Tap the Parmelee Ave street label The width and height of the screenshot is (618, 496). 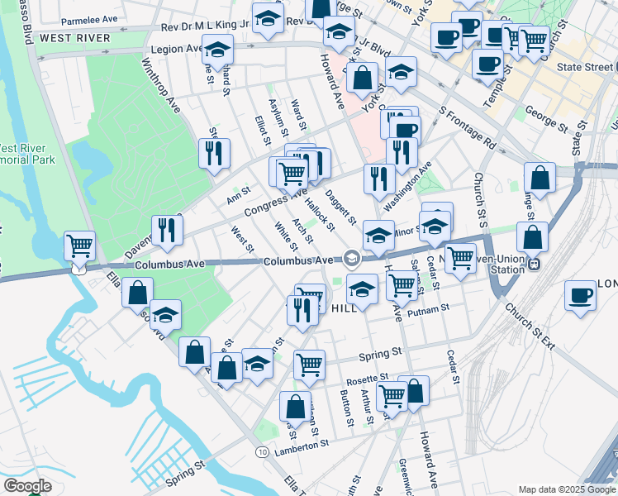pyautogui.click(x=92, y=18)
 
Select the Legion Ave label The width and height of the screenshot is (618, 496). pyautogui.click(x=171, y=50)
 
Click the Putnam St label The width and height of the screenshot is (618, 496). pyautogui.click(x=431, y=307)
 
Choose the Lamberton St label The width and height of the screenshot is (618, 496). pyautogui.click(x=302, y=444)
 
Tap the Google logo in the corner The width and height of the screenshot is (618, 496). pyautogui.click(x=26, y=486)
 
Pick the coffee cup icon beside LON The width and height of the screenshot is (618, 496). pyautogui.click(x=581, y=295)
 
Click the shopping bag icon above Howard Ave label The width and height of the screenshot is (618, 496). pyautogui.click(x=413, y=391)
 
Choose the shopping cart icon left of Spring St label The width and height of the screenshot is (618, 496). pyautogui.click(x=309, y=363)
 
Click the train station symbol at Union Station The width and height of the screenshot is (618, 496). pyautogui.click(x=535, y=264)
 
